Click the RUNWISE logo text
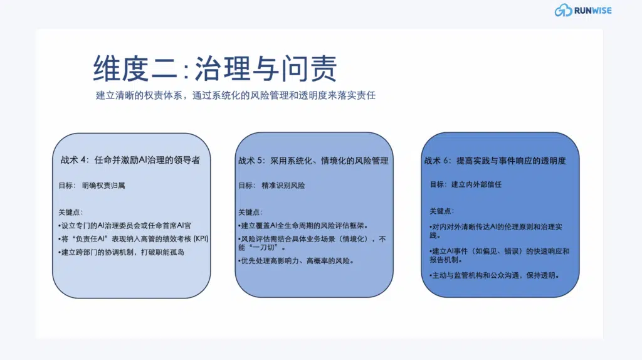[x=592, y=10]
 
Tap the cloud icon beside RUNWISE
[x=563, y=10]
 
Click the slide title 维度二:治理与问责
[x=215, y=68]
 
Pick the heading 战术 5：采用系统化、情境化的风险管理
[x=313, y=161]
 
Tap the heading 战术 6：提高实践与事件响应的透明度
[x=495, y=161]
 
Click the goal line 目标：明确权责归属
[x=95, y=186]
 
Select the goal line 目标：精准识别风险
[x=271, y=186]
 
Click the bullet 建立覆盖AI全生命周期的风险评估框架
[x=303, y=226]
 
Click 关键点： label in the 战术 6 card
[x=442, y=211]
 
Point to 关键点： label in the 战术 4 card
[x=70, y=212]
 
